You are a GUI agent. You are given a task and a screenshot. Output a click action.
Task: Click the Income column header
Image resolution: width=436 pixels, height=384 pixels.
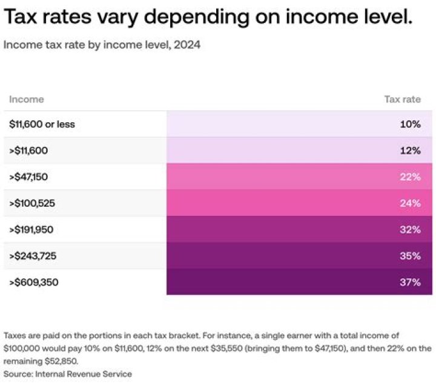pos(27,99)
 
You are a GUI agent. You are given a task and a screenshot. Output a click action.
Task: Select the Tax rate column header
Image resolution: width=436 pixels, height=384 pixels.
pos(402,99)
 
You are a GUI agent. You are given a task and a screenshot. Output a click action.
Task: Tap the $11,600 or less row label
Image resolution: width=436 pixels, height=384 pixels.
pos(42,125)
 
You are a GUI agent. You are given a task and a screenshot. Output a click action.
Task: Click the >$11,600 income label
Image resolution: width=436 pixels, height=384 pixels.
pos(29,151)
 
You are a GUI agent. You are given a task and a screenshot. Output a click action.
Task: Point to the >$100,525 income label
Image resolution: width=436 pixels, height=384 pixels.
pos(32,203)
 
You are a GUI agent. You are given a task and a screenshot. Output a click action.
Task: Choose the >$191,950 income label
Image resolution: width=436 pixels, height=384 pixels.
pos(32,230)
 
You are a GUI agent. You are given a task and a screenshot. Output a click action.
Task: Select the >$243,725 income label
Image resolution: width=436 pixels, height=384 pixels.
pos(33,256)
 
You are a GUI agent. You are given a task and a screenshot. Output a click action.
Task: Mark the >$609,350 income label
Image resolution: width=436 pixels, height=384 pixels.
pos(33,282)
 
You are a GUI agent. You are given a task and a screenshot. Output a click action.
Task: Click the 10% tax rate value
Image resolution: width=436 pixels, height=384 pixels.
pos(410,125)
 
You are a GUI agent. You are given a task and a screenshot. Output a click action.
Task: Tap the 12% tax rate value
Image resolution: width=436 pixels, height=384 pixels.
pos(410,151)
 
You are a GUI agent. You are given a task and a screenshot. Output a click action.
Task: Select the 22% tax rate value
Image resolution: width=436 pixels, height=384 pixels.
pos(410,177)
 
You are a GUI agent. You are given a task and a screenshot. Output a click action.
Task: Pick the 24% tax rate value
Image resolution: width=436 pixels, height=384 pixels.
pos(410,203)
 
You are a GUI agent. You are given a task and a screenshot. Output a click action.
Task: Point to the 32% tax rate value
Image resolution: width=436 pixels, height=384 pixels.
pos(410,230)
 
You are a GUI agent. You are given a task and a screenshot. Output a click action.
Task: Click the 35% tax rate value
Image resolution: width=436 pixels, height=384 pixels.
pos(410,256)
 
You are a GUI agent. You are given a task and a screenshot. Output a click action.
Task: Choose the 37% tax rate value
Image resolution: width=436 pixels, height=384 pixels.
pos(410,282)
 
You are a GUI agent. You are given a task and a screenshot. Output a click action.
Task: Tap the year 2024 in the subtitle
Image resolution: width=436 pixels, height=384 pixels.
pos(188,45)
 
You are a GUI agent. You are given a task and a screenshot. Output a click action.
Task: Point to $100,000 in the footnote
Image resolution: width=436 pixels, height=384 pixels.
pos(24,348)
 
